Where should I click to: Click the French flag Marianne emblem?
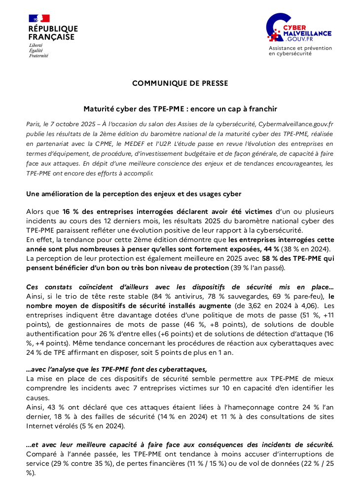click(x=39, y=18)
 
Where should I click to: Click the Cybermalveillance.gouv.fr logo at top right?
click(x=299, y=29)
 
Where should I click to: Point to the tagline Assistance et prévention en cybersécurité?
click(x=300, y=51)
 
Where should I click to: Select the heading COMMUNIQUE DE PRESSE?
click(x=180, y=83)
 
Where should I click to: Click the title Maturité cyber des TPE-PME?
click(x=180, y=108)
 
